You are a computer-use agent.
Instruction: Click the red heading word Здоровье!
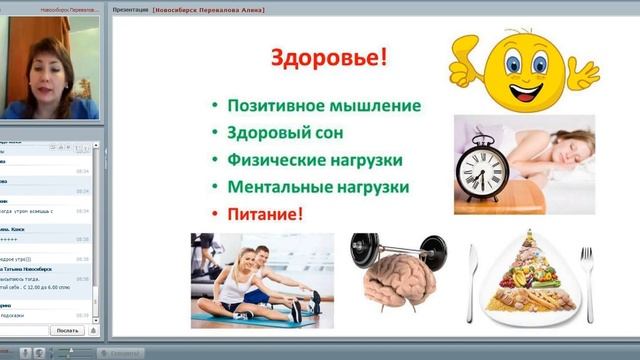[x=327, y=57]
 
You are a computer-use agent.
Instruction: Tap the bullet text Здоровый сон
[x=284, y=133]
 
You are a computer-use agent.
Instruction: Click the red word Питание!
[x=264, y=213]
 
